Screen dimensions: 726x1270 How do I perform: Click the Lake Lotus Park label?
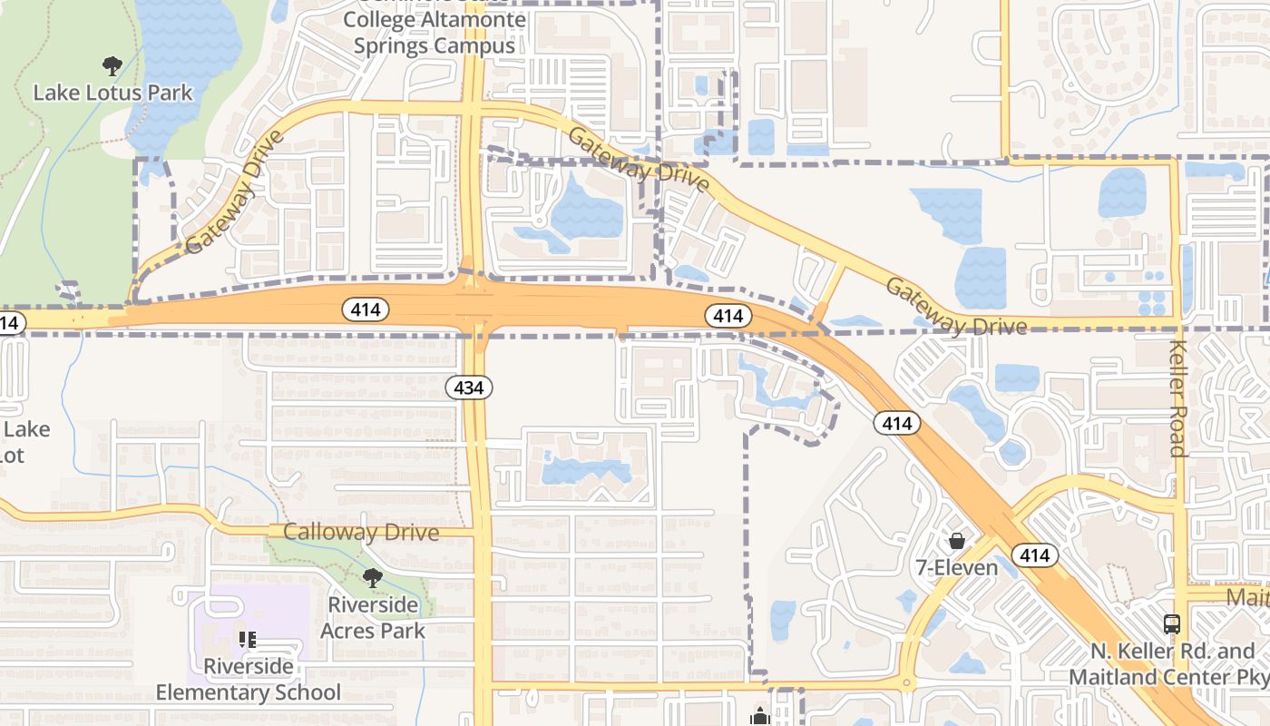click(x=112, y=93)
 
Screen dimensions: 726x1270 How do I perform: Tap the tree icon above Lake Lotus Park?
click(x=112, y=65)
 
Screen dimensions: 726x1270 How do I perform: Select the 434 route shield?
click(x=468, y=388)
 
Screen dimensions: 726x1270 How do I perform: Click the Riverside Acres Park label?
click(x=372, y=617)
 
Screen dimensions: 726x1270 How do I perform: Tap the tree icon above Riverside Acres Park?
click(x=372, y=578)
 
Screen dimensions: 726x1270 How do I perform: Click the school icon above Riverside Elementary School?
click(x=248, y=640)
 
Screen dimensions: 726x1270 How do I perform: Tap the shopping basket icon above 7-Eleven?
click(x=956, y=542)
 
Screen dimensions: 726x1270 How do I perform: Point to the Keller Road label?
click(x=1177, y=399)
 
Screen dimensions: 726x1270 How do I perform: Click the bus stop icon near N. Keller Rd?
click(x=1172, y=624)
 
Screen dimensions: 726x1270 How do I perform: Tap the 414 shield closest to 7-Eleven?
click(x=1034, y=555)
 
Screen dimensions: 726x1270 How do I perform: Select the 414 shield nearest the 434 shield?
click(x=366, y=310)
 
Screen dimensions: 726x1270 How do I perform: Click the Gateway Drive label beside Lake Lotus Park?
click(x=234, y=192)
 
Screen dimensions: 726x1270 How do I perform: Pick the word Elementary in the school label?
click(x=248, y=692)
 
